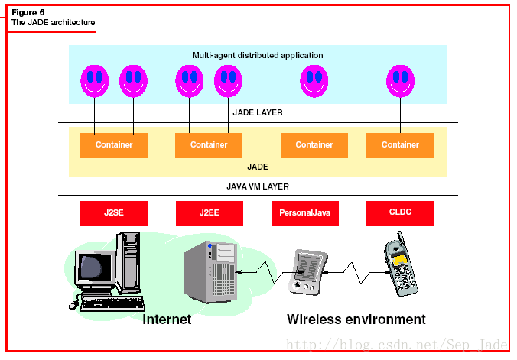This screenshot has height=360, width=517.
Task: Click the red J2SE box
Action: coord(113,213)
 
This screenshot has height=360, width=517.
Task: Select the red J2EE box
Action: coord(209,213)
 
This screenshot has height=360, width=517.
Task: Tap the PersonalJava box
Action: coord(304,213)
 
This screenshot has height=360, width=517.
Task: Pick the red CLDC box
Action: coord(400,212)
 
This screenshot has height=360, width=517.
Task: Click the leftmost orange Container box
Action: coord(114,145)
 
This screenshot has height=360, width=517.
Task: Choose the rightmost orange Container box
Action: coord(400,145)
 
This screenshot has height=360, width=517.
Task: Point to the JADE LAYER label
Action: coord(258,112)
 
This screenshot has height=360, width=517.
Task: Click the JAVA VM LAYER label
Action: coord(258,186)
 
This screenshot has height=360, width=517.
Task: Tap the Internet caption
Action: coord(167,319)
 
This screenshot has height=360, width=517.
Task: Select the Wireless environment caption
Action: coord(356,319)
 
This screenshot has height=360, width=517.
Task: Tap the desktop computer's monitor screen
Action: coord(95,267)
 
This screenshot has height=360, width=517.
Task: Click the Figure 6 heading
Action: coord(28,12)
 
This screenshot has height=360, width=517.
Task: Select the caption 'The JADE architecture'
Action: coord(53,23)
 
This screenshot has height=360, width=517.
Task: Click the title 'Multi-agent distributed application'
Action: coord(258,55)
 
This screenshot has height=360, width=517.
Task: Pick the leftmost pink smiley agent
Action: coord(95,79)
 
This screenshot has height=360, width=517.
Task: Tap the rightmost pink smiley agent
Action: coord(400,79)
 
